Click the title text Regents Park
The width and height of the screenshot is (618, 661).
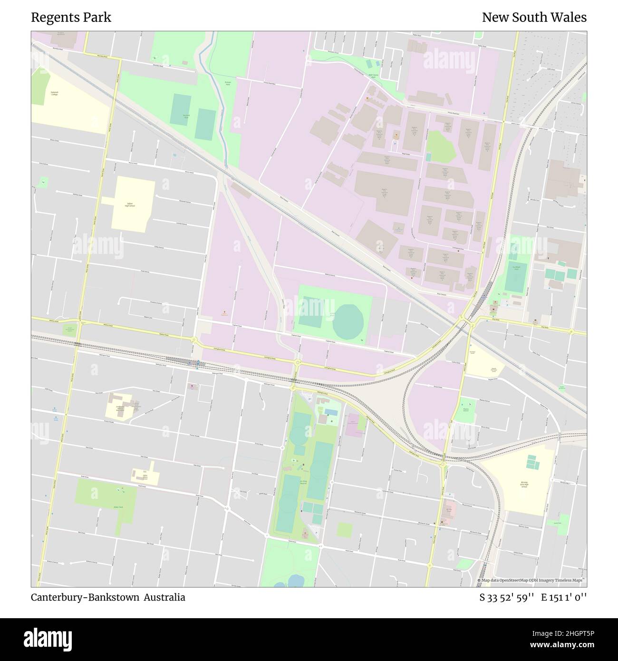coord(71,18)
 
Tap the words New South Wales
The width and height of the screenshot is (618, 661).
coord(534,18)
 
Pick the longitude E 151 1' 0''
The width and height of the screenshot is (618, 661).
coord(567,597)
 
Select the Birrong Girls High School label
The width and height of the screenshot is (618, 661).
coord(523,485)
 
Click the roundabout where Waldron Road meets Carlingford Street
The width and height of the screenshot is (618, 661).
coord(194,340)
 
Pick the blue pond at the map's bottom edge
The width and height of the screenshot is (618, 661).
coord(295,581)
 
